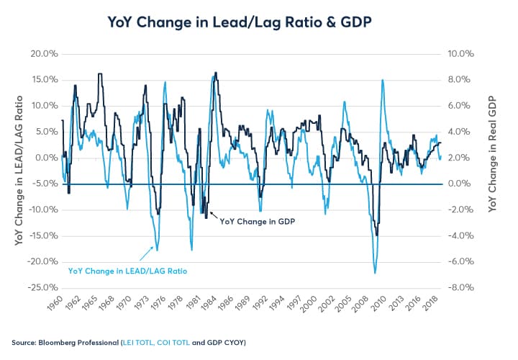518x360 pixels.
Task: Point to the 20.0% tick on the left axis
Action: click(x=45, y=54)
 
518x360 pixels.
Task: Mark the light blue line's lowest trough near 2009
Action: click(x=375, y=273)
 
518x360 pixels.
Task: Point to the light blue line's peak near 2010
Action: click(x=382, y=80)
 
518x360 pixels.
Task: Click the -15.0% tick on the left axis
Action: click(x=45, y=236)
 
